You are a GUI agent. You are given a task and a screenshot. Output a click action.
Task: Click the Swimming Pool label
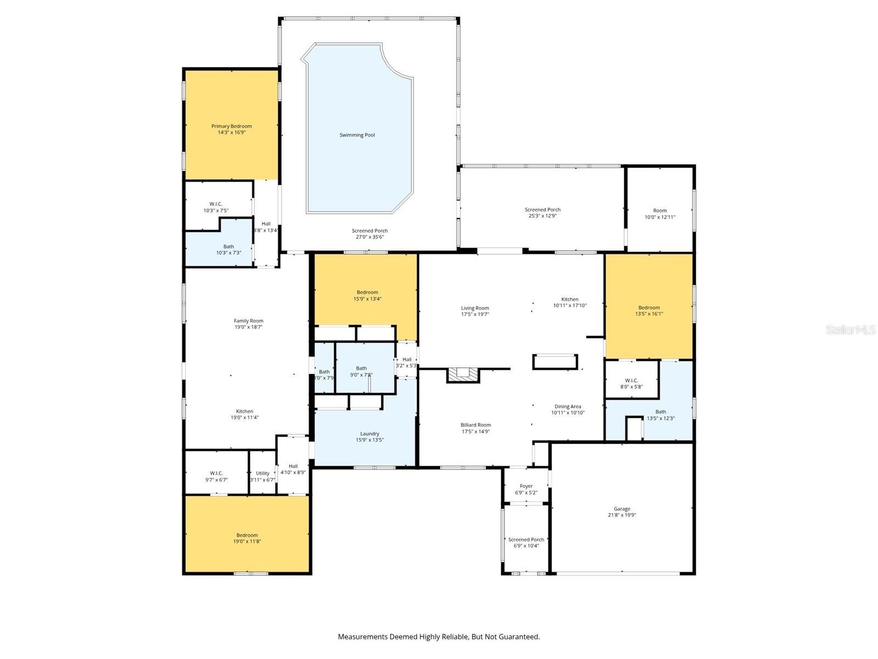(x=357, y=135)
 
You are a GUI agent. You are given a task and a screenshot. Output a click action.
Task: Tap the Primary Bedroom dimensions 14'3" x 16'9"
(x=232, y=132)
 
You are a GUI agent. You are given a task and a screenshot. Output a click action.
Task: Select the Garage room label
(x=622, y=509)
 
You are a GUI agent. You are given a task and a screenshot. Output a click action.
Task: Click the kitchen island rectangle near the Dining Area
(x=555, y=362)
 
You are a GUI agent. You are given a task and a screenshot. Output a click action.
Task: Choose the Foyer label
(x=526, y=486)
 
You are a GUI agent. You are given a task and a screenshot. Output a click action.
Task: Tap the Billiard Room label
(x=475, y=425)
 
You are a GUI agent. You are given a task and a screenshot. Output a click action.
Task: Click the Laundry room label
(x=369, y=434)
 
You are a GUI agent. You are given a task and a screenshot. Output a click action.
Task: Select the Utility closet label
(x=262, y=473)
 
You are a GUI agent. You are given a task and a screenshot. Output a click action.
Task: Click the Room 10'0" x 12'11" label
(x=660, y=210)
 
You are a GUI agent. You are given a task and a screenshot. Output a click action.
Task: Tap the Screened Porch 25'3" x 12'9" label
(x=542, y=210)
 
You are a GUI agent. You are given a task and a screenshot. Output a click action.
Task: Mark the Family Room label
(x=248, y=321)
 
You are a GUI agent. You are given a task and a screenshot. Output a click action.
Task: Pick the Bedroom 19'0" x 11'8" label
(x=247, y=535)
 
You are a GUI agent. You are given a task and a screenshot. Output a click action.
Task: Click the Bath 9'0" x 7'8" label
(x=361, y=368)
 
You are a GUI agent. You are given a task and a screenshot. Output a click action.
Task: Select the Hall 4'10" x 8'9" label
(x=293, y=466)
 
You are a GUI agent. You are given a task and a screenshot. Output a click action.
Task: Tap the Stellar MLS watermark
(x=850, y=329)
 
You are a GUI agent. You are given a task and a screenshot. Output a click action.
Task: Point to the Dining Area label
(x=567, y=407)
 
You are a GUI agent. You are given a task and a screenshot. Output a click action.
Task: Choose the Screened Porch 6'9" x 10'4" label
(x=526, y=540)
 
